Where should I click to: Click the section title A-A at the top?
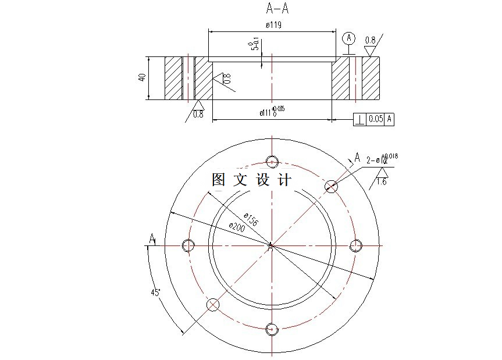(x=276, y=8)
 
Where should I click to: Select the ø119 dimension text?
(x=273, y=25)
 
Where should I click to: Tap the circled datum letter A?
(x=348, y=38)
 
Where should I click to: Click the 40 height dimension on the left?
(x=142, y=77)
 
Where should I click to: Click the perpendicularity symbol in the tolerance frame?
(x=359, y=119)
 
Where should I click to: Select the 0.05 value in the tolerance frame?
(x=376, y=119)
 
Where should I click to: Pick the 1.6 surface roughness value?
(x=382, y=181)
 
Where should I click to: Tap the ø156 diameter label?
(x=250, y=220)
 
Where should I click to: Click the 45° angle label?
(x=155, y=292)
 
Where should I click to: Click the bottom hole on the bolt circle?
(x=272, y=329)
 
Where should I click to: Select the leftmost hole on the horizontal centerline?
(x=188, y=245)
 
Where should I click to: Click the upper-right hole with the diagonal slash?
(x=331, y=186)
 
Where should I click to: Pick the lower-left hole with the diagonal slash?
(x=213, y=304)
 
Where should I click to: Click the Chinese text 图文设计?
(x=251, y=180)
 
